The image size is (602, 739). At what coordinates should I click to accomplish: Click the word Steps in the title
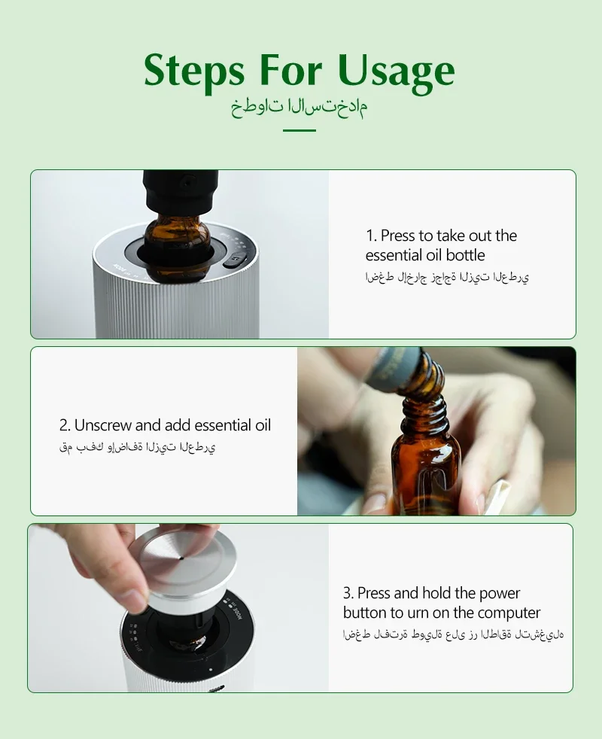pos(194,71)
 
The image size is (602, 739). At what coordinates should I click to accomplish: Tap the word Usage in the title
pos(396,71)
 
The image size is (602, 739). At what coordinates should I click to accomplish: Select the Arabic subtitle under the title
pos(299,108)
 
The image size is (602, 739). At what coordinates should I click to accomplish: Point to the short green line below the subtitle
pos(299,130)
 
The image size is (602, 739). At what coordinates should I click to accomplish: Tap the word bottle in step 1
pos(465,255)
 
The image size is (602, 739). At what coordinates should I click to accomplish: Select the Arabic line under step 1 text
pos(447,277)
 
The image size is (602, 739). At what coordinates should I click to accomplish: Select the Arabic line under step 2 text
pos(137,447)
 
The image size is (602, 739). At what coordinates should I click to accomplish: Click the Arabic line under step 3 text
pos(454,634)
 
